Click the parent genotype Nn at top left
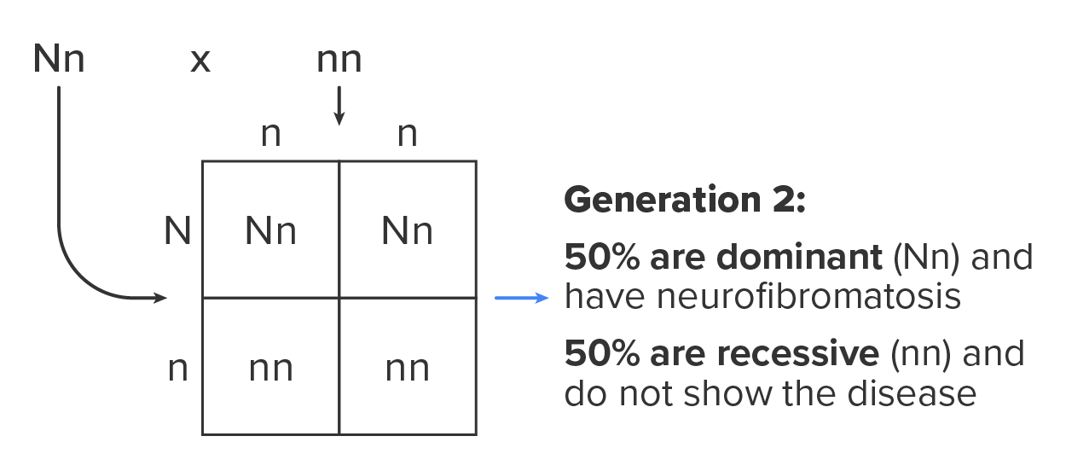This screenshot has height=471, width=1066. (59, 59)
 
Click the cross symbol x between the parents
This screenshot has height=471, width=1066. (200, 61)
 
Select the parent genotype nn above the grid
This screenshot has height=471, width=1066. (339, 61)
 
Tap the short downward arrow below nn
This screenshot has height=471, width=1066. (339, 106)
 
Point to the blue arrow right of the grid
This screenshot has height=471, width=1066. (522, 298)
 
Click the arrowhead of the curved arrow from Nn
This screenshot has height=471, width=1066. (160, 298)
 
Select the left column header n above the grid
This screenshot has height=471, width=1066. (271, 135)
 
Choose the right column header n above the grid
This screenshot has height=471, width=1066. (408, 135)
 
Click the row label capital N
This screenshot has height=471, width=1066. (177, 231)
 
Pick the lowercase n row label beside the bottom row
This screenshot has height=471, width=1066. (178, 369)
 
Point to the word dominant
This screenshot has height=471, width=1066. (800, 257)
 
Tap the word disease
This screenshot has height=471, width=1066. (912, 394)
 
